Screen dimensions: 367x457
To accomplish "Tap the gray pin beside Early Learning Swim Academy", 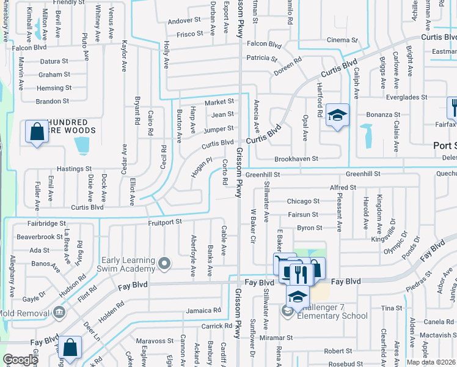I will click(164, 264).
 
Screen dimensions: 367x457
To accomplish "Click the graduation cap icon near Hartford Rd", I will click(335, 116).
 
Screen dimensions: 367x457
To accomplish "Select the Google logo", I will click(20, 360).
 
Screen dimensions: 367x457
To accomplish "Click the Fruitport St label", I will click(165, 223).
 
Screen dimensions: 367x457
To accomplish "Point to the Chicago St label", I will click(304, 201).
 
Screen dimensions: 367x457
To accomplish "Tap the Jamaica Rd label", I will click(203, 311).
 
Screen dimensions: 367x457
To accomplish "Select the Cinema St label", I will click(342, 40).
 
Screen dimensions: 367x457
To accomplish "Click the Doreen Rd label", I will click(288, 63).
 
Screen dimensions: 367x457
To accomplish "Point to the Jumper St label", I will click(219, 129).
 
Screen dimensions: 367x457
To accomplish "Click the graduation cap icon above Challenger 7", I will click(297, 297).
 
